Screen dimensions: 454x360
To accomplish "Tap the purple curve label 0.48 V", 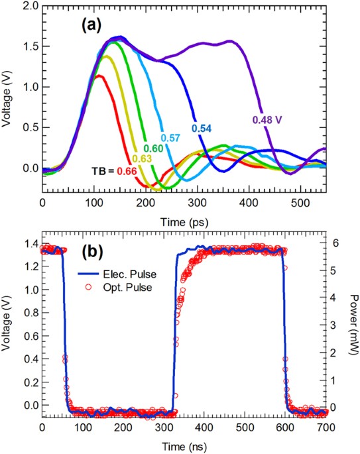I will [267, 120].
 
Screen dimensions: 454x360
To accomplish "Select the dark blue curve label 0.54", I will [202, 128].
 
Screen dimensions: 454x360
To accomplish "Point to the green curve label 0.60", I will [151, 148].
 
